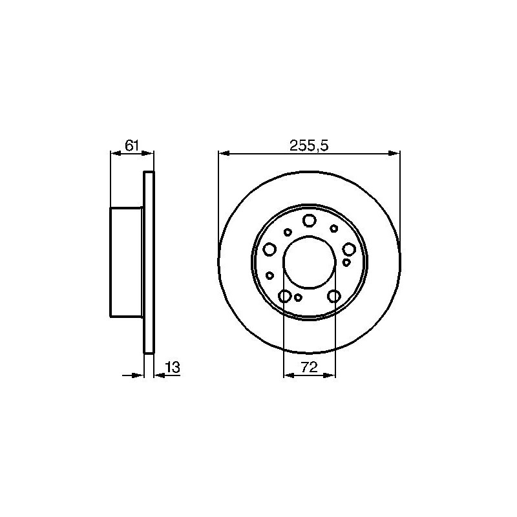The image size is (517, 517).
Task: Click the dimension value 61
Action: (132, 145)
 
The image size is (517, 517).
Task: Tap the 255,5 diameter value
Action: (309, 145)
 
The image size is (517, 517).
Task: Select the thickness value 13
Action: (173, 367)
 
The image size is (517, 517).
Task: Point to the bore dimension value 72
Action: (309, 367)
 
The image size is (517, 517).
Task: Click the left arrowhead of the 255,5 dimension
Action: (224, 153)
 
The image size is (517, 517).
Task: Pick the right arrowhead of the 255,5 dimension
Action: (394, 153)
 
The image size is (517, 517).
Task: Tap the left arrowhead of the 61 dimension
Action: (116, 153)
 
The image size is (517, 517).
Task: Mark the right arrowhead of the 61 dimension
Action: (148, 153)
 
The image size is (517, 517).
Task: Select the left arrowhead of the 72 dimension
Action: (289, 375)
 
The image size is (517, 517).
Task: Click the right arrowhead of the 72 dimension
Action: (330, 375)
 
